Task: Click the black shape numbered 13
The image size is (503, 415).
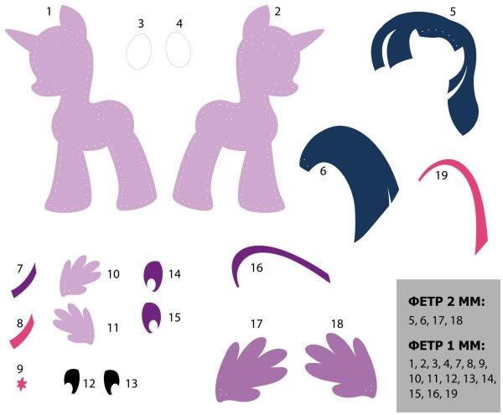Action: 111,381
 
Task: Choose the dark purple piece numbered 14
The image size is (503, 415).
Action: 152,274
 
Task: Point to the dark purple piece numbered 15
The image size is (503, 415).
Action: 151,316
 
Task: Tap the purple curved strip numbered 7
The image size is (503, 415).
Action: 26,280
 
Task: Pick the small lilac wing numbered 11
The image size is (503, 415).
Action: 75,323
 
